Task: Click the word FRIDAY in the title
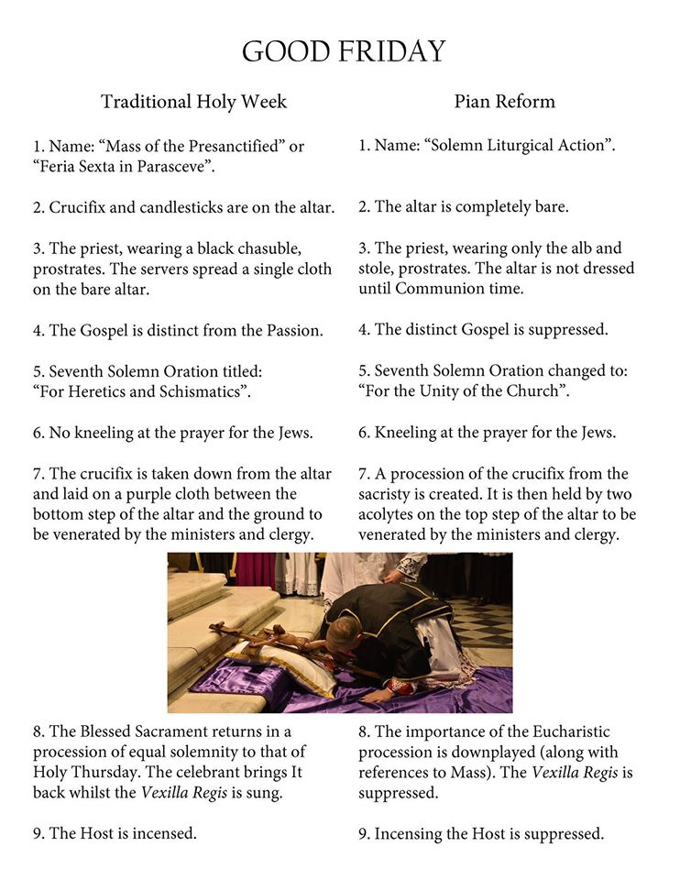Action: (x=391, y=51)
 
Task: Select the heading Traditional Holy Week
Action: (x=193, y=102)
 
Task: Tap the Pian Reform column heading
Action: (x=504, y=102)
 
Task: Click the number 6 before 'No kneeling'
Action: (x=38, y=434)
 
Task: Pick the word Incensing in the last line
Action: (x=412, y=834)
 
